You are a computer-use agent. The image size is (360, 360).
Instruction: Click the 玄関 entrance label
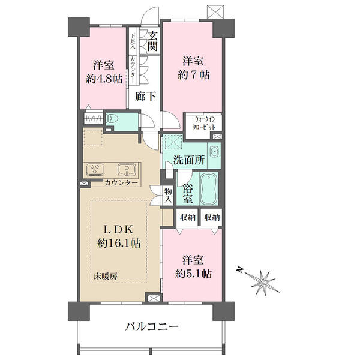click(152, 41)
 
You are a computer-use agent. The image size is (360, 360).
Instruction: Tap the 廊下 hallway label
click(145, 96)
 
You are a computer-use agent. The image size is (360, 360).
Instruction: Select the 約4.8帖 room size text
click(104, 79)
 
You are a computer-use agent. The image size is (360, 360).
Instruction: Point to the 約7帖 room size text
click(194, 75)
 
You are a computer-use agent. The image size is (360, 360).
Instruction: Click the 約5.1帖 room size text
click(193, 274)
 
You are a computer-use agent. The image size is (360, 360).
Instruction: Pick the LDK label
click(118, 229)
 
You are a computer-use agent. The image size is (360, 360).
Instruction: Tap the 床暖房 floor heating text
click(105, 276)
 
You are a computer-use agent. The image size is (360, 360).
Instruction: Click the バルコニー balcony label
click(152, 326)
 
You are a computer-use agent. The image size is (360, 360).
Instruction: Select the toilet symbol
click(113, 119)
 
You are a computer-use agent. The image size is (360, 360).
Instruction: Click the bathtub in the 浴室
click(209, 189)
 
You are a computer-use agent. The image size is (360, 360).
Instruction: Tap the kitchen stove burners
click(95, 170)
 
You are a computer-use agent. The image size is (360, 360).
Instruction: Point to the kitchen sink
click(126, 170)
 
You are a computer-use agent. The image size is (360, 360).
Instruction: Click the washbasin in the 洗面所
click(215, 152)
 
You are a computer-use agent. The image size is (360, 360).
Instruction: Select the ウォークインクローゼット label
click(205, 123)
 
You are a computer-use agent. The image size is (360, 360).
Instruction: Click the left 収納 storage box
click(188, 217)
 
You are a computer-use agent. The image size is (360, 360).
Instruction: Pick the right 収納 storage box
click(211, 217)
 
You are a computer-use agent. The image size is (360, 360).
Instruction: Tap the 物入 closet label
click(168, 195)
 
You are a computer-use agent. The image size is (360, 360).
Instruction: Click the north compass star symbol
click(263, 281)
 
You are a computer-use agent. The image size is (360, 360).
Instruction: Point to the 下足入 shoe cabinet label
click(133, 41)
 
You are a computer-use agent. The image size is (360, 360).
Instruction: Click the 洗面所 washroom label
click(189, 160)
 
